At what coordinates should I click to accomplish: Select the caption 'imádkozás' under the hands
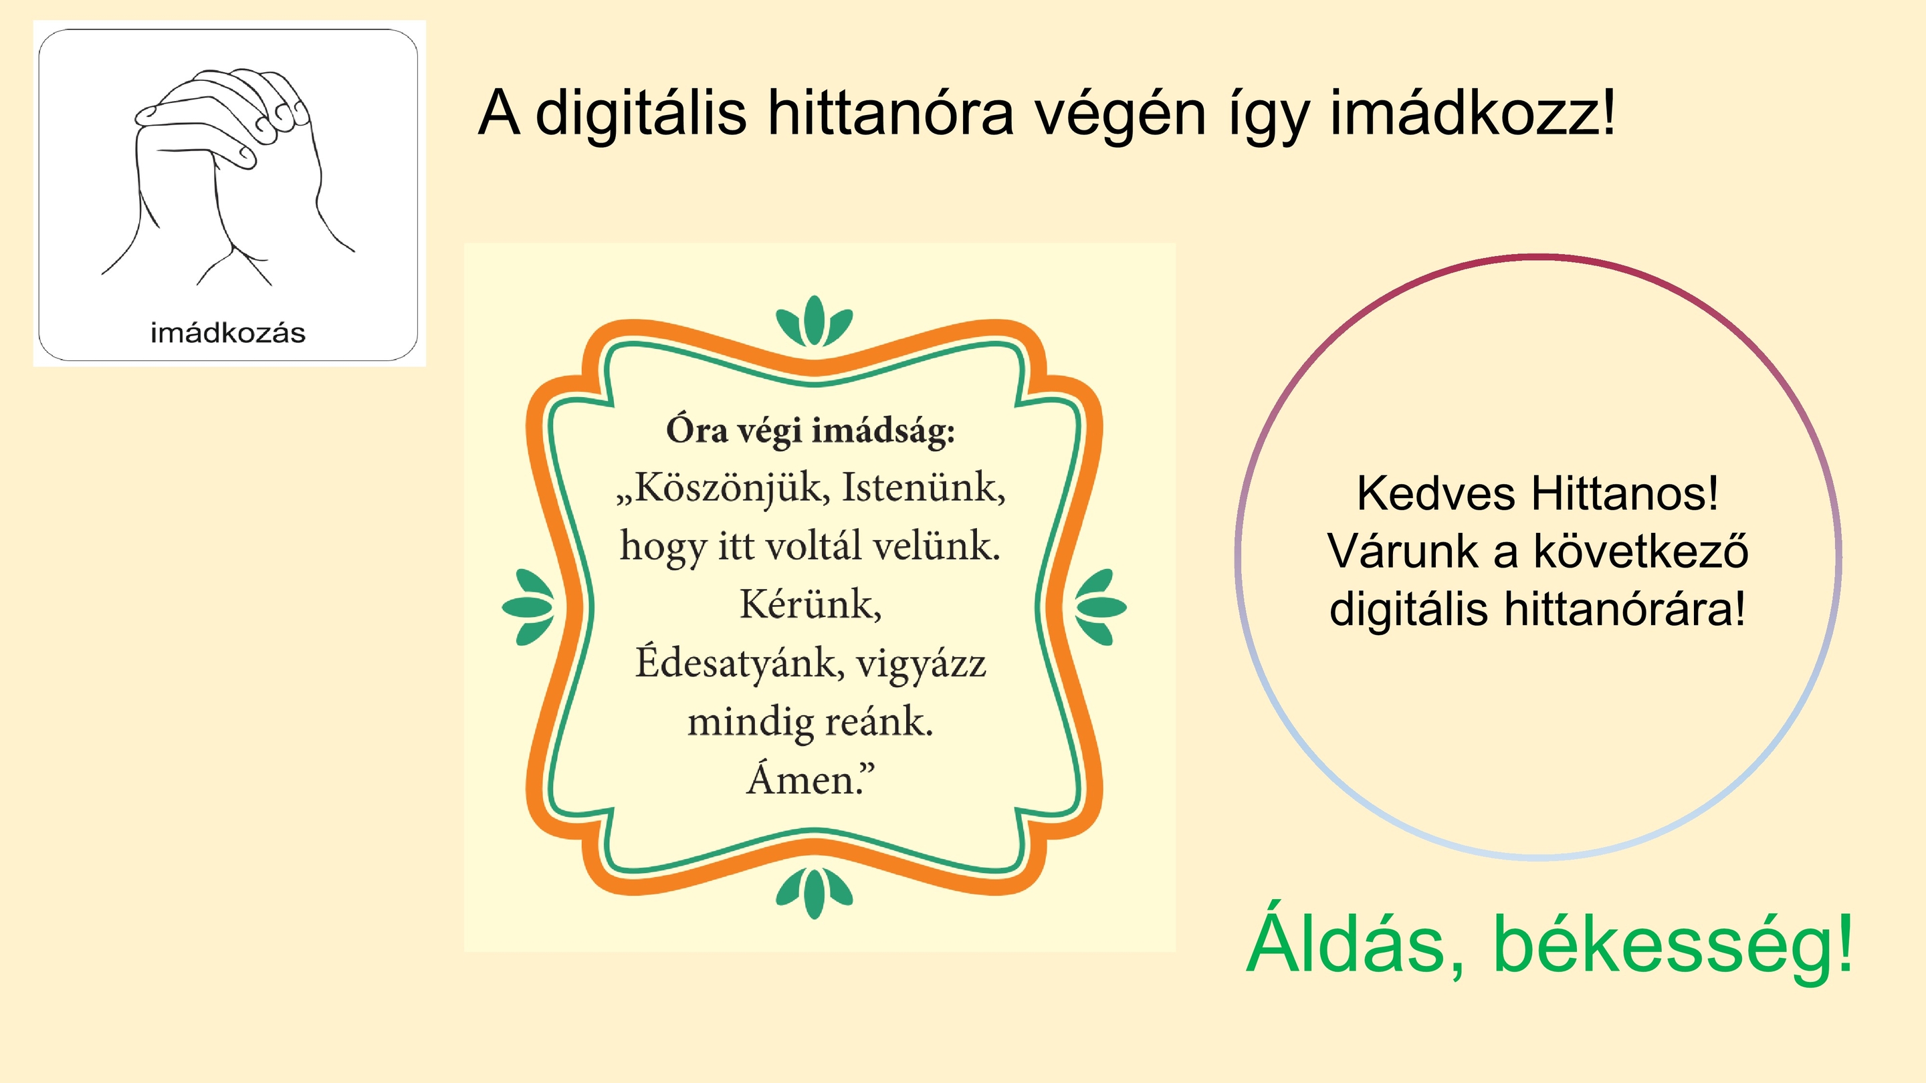(228, 333)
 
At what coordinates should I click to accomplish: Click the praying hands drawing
(228, 176)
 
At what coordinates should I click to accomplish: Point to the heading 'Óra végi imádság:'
(811, 431)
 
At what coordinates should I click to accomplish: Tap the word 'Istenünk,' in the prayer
(924, 488)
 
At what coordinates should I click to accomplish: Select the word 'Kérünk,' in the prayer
(811, 604)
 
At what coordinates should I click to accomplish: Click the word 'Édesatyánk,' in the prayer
(740, 663)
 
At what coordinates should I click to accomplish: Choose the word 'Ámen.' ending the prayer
(811, 779)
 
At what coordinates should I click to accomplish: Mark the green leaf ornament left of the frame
(528, 607)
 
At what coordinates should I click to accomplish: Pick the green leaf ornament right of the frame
(1101, 607)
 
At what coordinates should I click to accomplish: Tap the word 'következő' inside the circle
(1641, 552)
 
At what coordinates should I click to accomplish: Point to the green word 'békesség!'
(1673, 945)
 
